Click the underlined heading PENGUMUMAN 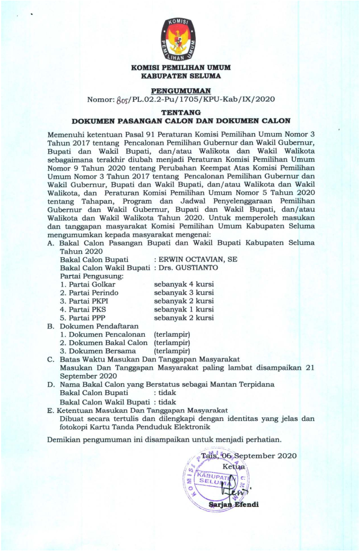(x=180, y=90)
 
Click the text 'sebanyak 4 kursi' (x=184, y=284)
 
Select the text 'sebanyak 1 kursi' (x=184, y=310)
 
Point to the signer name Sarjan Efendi (x=233, y=504)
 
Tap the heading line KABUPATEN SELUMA (x=180, y=76)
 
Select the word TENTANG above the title (x=180, y=112)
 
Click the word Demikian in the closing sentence (x=66, y=439)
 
